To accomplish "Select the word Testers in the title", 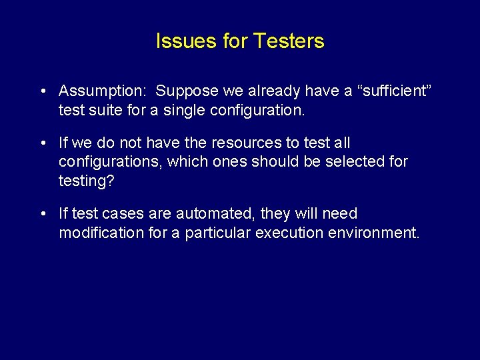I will point(291,41).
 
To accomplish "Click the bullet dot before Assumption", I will point(42,91).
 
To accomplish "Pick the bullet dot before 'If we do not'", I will point(42,143).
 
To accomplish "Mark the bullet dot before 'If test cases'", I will point(42,213).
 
